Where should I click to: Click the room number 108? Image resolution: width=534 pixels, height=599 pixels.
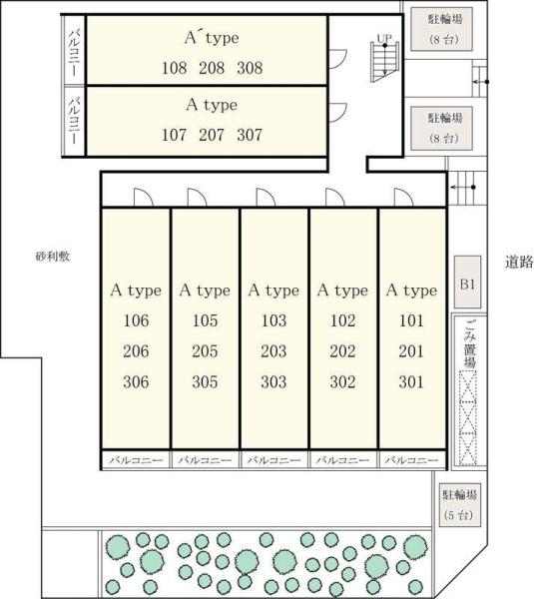[x=175, y=68]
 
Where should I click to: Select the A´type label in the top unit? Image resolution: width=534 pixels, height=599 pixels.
[x=212, y=38]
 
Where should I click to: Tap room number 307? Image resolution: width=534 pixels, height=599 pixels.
[x=250, y=135]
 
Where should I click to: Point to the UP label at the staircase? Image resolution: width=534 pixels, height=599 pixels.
[x=384, y=39]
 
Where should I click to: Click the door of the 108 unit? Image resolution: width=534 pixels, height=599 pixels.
[x=337, y=59]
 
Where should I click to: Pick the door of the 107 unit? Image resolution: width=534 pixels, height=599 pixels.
[x=337, y=112]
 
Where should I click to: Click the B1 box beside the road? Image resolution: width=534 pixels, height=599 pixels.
[x=467, y=283]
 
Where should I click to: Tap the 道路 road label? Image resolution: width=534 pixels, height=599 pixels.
[x=518, y=262]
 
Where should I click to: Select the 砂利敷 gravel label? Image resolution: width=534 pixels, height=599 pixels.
[x=53, y=257]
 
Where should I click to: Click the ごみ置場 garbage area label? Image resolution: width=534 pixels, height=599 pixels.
[x=470, y=343]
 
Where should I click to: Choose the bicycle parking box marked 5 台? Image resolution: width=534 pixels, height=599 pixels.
[x=459, y=505]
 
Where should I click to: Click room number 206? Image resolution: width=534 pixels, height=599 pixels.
[x=136, y=351]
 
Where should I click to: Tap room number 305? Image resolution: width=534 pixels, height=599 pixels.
[x=206, y=382]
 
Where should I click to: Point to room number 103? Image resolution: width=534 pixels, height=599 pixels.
[x=273, y=320]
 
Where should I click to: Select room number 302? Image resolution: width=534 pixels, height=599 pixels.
[x=342, y=382]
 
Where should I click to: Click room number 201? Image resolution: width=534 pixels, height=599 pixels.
[x=411, y=351]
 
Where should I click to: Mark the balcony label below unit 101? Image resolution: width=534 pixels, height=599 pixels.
[x=412, y=460]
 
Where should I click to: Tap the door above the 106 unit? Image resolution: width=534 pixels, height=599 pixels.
[x=144, y=198]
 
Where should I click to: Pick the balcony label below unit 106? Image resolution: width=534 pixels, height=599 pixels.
[x=136, y=460]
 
